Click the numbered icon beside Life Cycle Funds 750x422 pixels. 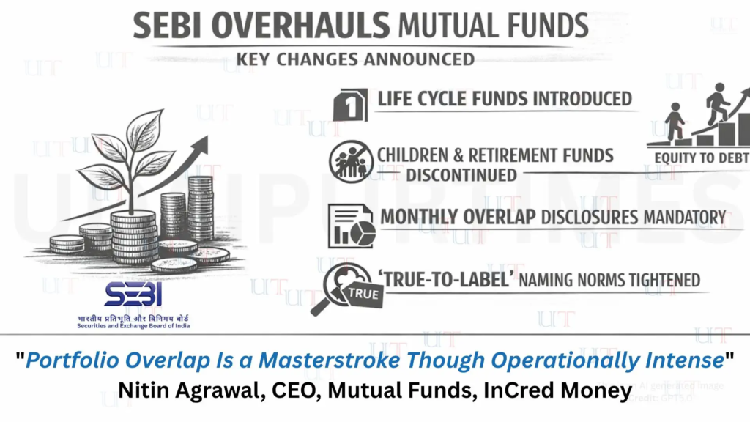click(350, 105)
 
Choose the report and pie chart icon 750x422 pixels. click(353, 223)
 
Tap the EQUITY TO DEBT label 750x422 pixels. click(698, 157)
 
